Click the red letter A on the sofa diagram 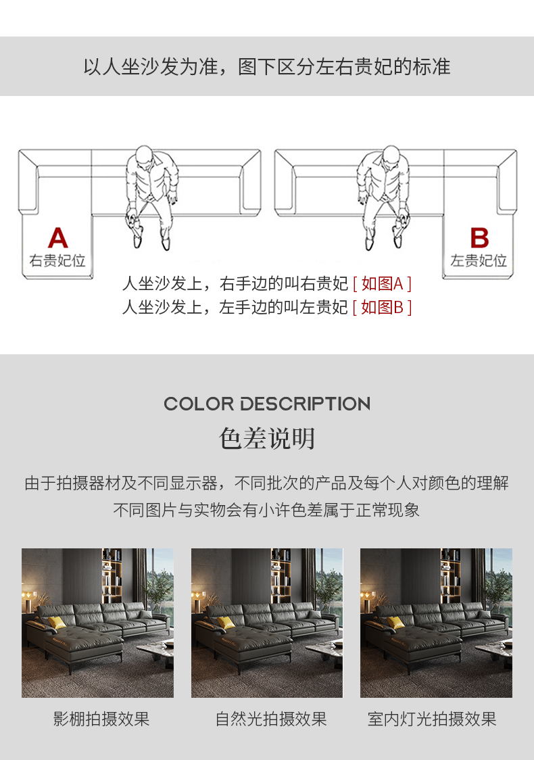(x=57, y=237)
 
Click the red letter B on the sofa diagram (x=479, y=237)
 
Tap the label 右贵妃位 (x=57, y=260)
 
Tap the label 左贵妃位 (x=479, y=260)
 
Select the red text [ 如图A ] (x=383, y=283)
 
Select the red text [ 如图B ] (x=383, y=307)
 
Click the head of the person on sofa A (x=145, y=156)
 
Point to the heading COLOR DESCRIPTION (x=267, y=404)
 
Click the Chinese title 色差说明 (x=267, y=438)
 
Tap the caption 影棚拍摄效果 (x=101, y=719)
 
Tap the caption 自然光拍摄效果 (x=271, y=719)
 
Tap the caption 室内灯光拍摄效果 (x=432, y=719)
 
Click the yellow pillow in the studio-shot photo (x=57, y=623)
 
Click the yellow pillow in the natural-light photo (x=226, y=623)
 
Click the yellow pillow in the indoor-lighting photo (x=395, y=623)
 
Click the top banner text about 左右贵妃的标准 (x=267, y=66)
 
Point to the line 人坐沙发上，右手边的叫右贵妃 (x=235, y=283)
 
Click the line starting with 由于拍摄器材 (x=267, y=483)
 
